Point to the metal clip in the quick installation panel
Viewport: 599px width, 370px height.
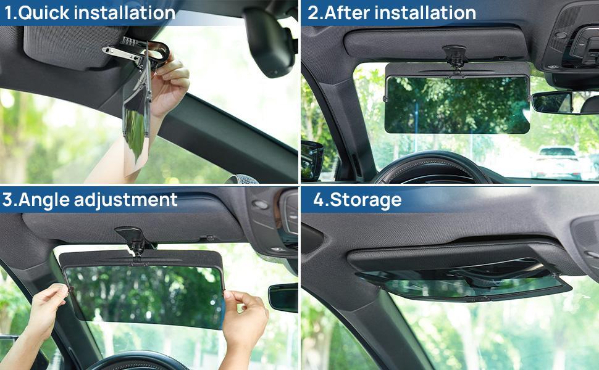(124, 52)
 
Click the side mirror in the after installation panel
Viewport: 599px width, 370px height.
(312, 160)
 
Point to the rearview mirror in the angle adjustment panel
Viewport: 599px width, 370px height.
(283, 298)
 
